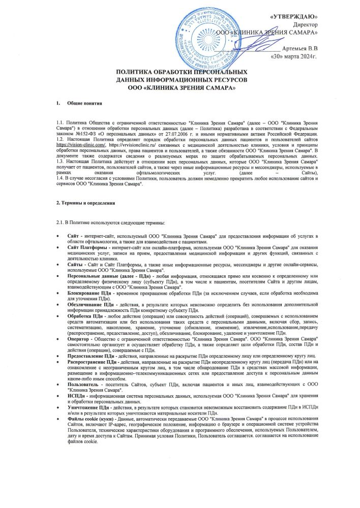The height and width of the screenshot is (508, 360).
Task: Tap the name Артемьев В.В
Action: click(x=300, y=47)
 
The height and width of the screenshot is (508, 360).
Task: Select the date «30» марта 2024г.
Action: click(x=294, y=55)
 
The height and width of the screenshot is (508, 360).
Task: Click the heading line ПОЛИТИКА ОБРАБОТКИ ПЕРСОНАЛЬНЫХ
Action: click(x=183, y=73)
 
